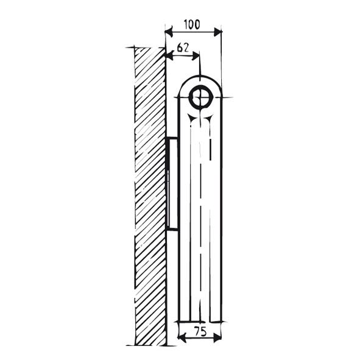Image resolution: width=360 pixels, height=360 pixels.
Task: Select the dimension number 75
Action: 200,333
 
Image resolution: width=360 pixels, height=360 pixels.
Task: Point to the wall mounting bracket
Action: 172,183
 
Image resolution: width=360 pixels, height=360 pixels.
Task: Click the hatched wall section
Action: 150,195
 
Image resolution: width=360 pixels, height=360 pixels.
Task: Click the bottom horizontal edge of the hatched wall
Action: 146,345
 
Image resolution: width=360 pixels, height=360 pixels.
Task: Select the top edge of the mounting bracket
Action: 172,138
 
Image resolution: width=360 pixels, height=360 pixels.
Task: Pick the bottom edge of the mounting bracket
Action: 172,229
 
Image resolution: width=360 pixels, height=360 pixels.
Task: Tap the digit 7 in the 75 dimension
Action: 195,333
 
